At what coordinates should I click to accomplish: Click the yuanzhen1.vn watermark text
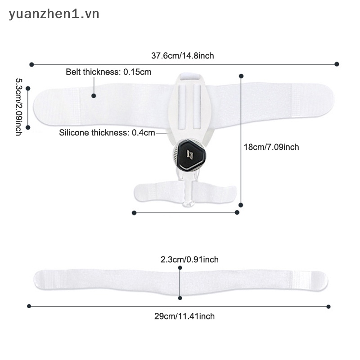[x=54, y=14]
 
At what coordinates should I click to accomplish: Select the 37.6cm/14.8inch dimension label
[x=183, y=56]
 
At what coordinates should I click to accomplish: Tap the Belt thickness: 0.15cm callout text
[x=108, y=72]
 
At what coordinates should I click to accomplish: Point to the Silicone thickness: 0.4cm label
[x=107, y=133]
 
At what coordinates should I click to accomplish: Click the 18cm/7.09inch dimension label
[x=271, y=147]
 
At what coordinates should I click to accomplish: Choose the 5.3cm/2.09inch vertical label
[x=18, y=107]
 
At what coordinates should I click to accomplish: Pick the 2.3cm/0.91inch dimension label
[x=189, y=260]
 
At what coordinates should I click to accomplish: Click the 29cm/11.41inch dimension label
[x=184, y=316]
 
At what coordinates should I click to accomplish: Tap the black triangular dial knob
[x=189, y=155]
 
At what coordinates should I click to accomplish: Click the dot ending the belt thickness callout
[x=94, y=96]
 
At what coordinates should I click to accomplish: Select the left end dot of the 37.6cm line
[x=31, y=64]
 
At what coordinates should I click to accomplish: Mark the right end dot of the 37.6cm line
[x=337, y=64]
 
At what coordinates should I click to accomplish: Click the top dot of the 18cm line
[x=241, y=76]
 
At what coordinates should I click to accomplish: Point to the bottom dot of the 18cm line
[x=241, y=205]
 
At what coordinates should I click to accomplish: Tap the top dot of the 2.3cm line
[x=180, y=268]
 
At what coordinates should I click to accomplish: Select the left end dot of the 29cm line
[x=29, y=306]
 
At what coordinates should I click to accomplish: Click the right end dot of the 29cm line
[x=328, y=306]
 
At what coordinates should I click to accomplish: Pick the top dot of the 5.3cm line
[x=28, y=88]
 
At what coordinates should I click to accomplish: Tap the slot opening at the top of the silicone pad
[x=189, y=76]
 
